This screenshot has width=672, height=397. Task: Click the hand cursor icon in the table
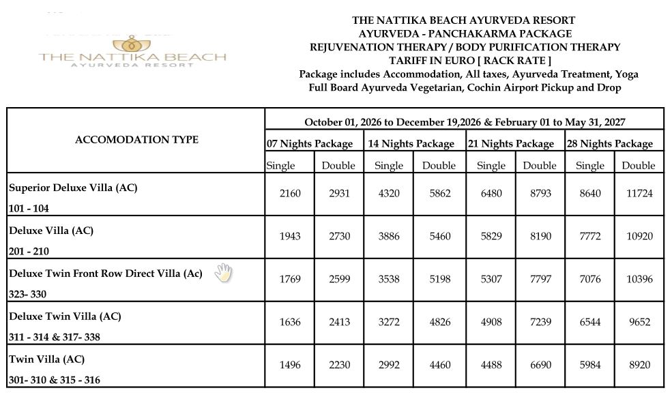point(223,273)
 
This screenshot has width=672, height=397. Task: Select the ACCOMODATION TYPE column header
point(136,140)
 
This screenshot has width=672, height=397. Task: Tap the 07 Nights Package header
point(310,144)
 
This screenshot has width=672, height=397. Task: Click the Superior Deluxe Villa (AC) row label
point(73,188)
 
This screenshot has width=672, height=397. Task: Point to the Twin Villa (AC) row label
point(46,359)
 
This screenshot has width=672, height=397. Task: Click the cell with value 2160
point(290,194)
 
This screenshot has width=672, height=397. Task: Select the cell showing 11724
point(639,194)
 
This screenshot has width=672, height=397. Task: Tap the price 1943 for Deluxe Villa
point(290,237)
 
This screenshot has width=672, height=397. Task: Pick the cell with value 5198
point(439,280)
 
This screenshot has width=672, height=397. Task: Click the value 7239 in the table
point(539,323)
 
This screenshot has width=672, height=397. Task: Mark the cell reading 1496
point(290,366)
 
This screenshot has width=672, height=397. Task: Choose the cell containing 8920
point(639,366)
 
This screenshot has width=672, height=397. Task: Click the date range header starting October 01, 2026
point(465,123)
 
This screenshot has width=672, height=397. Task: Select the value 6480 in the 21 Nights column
point(491,194)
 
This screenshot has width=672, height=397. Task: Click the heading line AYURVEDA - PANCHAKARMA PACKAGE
point(465,33)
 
